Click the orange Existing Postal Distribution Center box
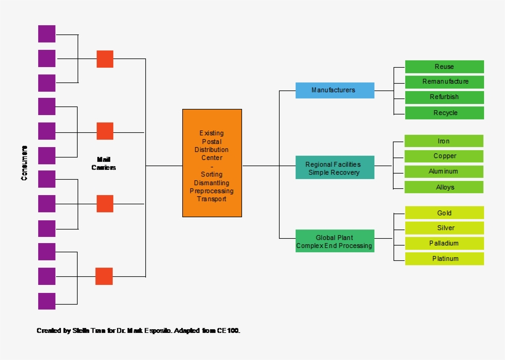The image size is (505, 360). (x=212, y=163)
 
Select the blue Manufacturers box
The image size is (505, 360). (x=334, y=90)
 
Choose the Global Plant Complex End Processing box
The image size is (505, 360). (x=334, y=241)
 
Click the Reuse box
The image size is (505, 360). (x=444, y=66)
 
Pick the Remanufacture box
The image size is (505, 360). (x=444, y=82)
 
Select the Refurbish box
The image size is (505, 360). (x=444, y=97)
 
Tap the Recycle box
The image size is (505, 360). (x=444, y=113)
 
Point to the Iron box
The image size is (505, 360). (x=443, y=141)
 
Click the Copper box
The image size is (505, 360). (x=443, y=156)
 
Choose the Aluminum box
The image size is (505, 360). (x=443, y=172)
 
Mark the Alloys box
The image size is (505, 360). (x=443, y=187)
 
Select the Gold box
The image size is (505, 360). (x=444, y=213)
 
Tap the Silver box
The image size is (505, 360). (x=444, y=228)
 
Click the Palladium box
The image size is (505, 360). (x=444, y=244)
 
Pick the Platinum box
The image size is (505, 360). (x=444, y=258)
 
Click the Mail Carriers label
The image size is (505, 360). (x=103, y=163)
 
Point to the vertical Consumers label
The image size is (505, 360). (x=25, y=163)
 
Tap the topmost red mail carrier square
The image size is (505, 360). (x=105, y=59)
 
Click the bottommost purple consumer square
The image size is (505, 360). (x=47, y=301)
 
